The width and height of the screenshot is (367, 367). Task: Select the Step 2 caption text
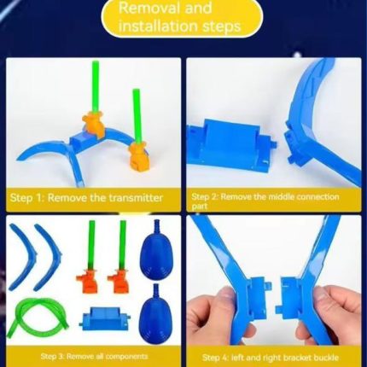265,201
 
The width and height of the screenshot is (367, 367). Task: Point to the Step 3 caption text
94,357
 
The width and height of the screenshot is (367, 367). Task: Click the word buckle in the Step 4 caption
323,358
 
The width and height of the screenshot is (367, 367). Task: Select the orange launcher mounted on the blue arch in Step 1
94,123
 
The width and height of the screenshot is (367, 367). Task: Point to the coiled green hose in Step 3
42,315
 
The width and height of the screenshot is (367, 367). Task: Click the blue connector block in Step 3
104,319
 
